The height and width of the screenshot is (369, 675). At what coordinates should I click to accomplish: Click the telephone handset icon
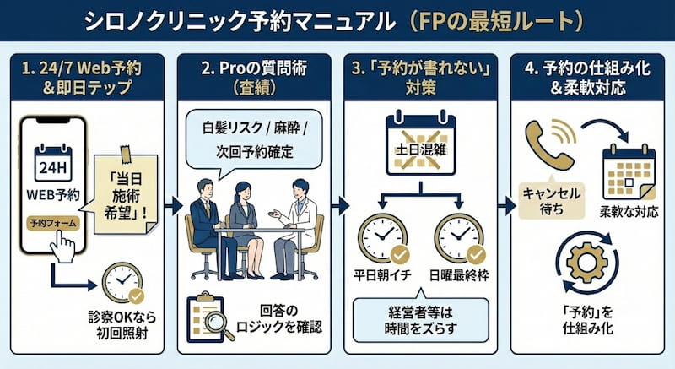546,143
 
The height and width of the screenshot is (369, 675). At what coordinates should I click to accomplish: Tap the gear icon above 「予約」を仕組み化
588,262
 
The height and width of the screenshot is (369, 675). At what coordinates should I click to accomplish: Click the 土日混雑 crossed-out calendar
420,149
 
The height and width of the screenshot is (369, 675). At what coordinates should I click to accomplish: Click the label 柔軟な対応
629,211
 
